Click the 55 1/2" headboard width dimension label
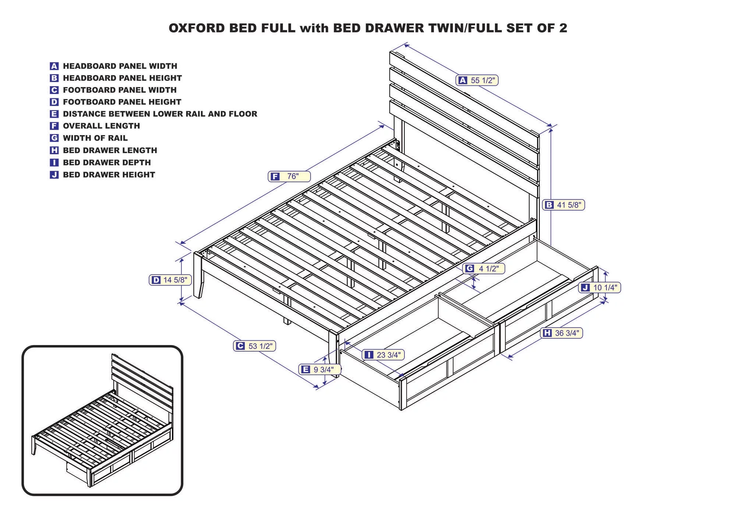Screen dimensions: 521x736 [x=477, y=80]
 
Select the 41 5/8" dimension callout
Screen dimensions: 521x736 [x=563, y=205]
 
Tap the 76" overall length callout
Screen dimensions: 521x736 [x=289, y=176]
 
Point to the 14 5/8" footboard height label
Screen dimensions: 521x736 [x=170, y=280]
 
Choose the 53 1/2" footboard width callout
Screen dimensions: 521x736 [x=254, y=346]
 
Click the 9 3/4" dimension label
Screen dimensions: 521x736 [x=319, y=369]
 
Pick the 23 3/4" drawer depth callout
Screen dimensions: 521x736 [x=383, y=355]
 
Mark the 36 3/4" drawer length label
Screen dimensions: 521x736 [x=562, y=333]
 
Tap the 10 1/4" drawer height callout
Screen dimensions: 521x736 [x=599, y=288]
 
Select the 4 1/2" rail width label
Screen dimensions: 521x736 [x=484, y=268]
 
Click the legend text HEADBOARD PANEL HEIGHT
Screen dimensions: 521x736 [x=122, y=78]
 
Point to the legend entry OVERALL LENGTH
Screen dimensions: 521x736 [x=101, y=126]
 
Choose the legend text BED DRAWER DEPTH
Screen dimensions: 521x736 [x=107, y=162]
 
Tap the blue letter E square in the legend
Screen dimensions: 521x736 [x=54, y=114]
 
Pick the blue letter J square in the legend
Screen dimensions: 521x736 [x=54, y=175]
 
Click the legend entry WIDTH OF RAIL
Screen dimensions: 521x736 [x=95, y=138]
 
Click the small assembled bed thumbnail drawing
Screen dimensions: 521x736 [x=102, y=420]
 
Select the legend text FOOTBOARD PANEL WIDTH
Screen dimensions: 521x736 [x=120, y=90]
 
